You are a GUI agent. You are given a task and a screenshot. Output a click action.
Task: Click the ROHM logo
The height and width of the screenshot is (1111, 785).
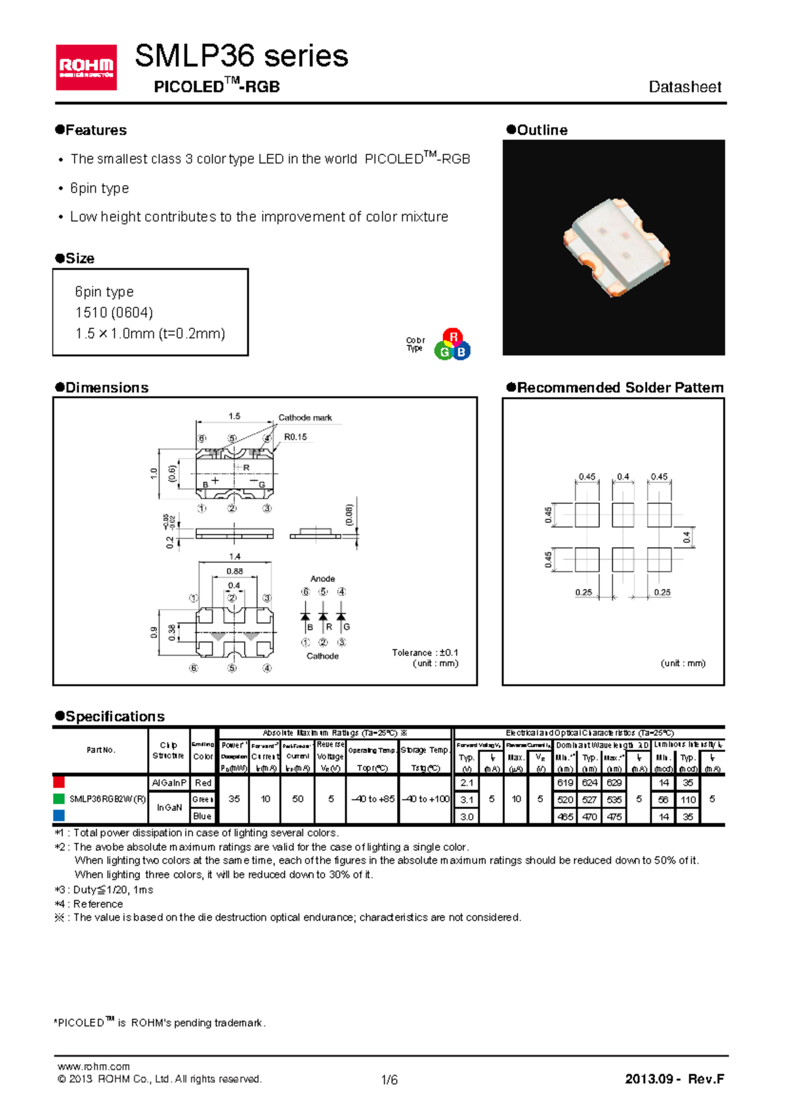(x=86, y=67)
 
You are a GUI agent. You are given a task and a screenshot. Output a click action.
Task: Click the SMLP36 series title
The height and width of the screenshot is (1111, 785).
(x=241, y=56)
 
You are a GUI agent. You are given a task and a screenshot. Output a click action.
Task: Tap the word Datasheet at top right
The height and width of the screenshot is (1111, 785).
(x=684, y=87)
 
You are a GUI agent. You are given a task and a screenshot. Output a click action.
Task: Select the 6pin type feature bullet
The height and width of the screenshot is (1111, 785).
(x=99, y=188)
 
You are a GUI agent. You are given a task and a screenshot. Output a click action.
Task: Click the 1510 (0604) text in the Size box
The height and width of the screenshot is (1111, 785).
(x=114, y=313)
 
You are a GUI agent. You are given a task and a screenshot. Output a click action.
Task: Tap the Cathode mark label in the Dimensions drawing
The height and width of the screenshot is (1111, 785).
(x=305, y=417)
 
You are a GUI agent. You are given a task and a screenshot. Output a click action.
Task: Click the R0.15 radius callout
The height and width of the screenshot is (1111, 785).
(x=295, y=437)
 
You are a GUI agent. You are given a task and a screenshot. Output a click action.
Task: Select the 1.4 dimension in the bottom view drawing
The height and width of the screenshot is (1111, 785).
(x=234, y=556)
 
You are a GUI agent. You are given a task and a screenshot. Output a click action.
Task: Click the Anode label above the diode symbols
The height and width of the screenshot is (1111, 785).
(x=323, y=578)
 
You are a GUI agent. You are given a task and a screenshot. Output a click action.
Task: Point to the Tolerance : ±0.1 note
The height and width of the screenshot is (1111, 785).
(x=425, y=652)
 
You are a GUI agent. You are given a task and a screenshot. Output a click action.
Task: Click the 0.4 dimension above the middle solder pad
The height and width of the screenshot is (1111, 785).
(x=623, y=477)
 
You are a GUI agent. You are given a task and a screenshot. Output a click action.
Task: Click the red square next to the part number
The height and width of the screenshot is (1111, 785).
(x=59, y=782)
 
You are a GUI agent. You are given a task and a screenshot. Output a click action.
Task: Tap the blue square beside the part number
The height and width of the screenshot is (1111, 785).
(x=59, y=815)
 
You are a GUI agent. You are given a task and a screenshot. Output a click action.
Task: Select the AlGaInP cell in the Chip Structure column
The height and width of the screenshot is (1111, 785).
(x=169, y=783)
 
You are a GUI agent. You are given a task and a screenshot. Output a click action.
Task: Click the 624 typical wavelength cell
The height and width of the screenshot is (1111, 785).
(x=589, y=783)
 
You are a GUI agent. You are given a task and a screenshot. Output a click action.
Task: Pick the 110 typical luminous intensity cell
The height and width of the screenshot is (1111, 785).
(x=688, y=800)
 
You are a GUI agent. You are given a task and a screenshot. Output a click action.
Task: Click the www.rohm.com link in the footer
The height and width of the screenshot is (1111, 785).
(x=94, y=1066)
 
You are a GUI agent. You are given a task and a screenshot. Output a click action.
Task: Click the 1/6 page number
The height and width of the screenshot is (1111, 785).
(x=389, y=1080)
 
